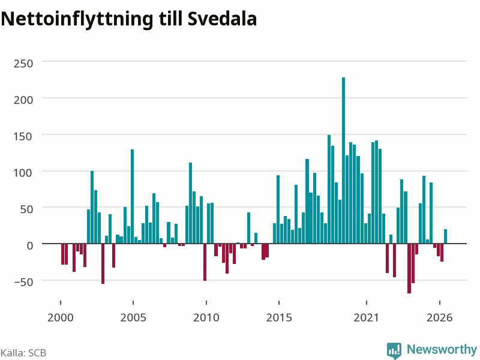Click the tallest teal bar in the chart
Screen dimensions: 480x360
[343, 160]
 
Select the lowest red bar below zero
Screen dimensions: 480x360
[409, 268]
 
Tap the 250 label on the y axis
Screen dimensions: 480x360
[23, 64]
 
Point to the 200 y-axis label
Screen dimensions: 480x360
[23, 100]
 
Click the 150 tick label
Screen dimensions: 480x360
[23, 137]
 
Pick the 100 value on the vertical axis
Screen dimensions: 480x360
[23, 173]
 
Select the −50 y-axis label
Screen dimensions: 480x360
[23, 282]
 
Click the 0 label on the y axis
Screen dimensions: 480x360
[29, 245]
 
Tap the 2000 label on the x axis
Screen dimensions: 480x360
[61, 317]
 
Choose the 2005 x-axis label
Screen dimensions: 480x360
[133, 317]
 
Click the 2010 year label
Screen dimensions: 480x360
[206, 317]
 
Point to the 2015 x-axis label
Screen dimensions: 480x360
[279, 317]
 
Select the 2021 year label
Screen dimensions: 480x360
[367, 317]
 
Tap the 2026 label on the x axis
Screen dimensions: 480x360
[440, 317]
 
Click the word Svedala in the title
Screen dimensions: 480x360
[222, 19]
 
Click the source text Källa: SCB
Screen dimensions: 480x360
[23, 353]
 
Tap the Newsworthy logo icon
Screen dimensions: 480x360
[394, 350]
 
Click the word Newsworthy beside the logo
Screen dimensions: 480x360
[442, 349]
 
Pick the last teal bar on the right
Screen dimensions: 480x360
[446, 236]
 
